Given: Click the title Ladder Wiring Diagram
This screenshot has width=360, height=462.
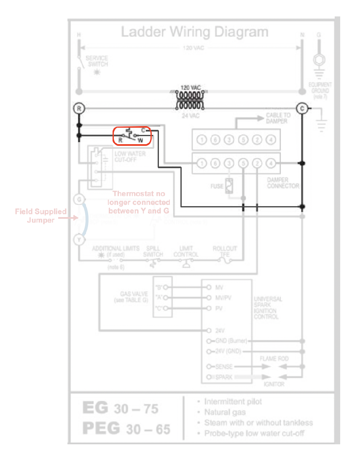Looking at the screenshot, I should [x=194, y=32].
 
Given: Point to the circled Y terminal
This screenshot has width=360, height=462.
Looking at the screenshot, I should [x=79, y=240].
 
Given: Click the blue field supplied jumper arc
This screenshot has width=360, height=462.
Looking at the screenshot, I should [x=86, y=219].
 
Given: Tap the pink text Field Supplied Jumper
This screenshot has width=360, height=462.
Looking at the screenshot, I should [x=41, y=215].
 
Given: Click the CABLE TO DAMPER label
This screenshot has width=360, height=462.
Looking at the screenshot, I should [x=278, y=118].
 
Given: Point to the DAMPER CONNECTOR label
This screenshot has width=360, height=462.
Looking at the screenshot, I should [x=283, y=183].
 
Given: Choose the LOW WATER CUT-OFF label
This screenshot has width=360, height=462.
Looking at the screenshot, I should [x=130, y=157].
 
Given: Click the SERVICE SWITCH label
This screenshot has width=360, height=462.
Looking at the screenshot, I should [x=97, y=61].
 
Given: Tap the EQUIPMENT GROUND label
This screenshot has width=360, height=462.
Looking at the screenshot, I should [x=320, y=91].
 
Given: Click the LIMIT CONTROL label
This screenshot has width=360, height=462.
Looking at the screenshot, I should [x=185, y=252].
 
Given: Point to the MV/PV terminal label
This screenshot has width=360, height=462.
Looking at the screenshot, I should [x=223, y=298].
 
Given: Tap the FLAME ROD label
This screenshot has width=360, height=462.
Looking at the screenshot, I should [x=274, y=358].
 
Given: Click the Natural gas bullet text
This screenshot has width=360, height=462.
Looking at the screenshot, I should [x=224, y=412].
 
